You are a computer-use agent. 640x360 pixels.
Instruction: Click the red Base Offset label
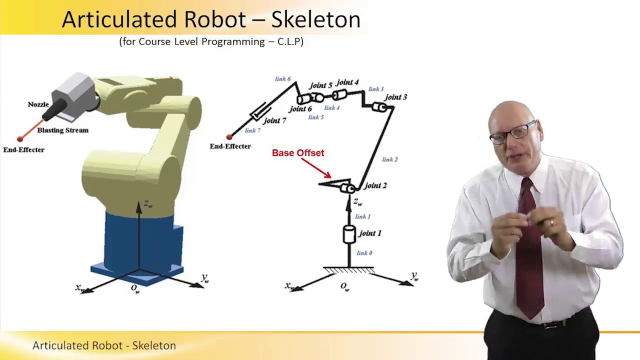tap(298, 153)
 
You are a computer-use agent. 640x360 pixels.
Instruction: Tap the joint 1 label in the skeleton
tap(370, 233)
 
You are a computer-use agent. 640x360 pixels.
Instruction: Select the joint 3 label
tap(395, 97)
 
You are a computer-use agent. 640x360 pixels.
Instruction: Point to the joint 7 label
tap(275, 120)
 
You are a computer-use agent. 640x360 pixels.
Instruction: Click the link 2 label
tap(389, 159)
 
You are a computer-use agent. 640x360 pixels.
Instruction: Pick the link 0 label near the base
tap(364, 253)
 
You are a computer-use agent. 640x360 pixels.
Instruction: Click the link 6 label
tap(282, 79)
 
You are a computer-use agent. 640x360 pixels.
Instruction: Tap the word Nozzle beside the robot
tap(38, 104)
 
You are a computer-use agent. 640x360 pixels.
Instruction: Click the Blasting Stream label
tap(63, 130)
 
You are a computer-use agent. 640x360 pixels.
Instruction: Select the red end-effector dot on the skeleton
tap(229, 136)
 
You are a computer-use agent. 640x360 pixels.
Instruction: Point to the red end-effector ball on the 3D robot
tap(20, 139)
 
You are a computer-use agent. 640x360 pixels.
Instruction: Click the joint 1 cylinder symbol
tap(349, 234)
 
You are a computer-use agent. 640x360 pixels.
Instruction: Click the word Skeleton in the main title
tap(315, 20)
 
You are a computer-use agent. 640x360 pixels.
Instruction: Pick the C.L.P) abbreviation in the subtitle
tap(289, 41)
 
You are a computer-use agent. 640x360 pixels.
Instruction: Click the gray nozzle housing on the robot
tap(74, 92)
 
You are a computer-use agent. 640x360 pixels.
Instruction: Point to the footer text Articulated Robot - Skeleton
tap(104, 345)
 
